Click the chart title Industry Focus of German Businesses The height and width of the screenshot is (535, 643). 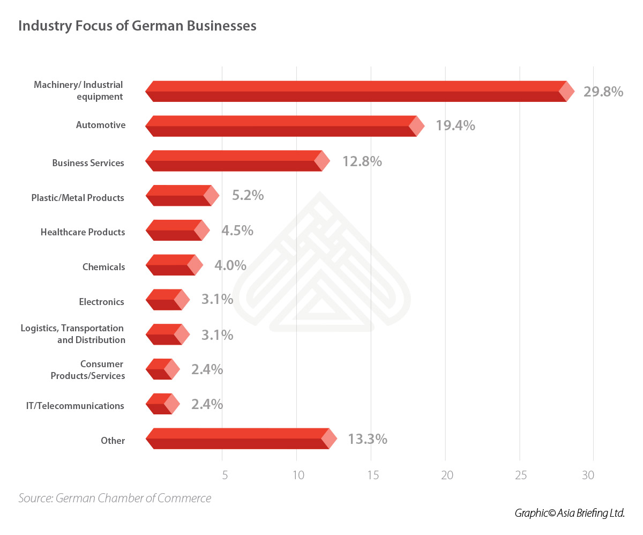(x=137, y=26)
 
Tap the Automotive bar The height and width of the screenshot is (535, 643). (x=284, y=126)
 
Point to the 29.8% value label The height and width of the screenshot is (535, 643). (x=603, y=92)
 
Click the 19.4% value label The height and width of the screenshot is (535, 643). (x=455, y=126)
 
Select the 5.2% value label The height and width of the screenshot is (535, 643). (x=248, y=195)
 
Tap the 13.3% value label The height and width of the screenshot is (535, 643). (x=367, y=439)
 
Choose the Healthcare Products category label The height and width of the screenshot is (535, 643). (x=83, y=232)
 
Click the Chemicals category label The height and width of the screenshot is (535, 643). (x=103, y=267)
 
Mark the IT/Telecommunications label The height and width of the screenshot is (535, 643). (x=75, y=406)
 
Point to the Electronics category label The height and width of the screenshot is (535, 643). (x=101, y=302)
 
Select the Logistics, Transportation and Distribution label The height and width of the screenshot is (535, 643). (x=72, y=334)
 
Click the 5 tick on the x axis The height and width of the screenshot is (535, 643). (x=225, y=475)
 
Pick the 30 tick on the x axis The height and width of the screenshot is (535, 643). (x=588, y=475)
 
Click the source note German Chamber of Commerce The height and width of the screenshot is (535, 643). (x=115, y=498)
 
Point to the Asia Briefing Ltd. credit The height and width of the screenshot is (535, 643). (x=570, y=513)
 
